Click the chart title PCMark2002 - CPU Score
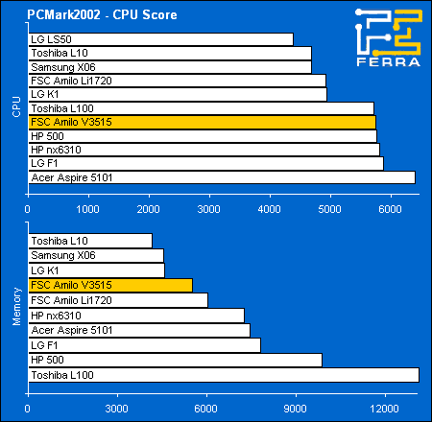102,14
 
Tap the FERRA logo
389,37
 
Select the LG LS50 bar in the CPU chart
161,39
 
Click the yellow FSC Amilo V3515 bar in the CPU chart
203,122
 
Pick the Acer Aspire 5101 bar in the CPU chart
222,177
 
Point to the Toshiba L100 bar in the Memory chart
224,375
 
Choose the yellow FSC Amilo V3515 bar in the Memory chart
110,285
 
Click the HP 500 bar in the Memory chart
176,360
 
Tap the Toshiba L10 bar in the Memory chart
90,241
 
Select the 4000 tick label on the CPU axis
270,209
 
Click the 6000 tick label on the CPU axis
390,209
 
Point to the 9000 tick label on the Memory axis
295,409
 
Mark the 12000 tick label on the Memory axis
384,409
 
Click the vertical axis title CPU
16,106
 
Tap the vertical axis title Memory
16,307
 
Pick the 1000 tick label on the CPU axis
87,209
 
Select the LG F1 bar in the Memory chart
145,345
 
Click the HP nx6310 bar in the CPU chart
204,150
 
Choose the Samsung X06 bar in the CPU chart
170,67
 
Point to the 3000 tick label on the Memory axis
117,409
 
